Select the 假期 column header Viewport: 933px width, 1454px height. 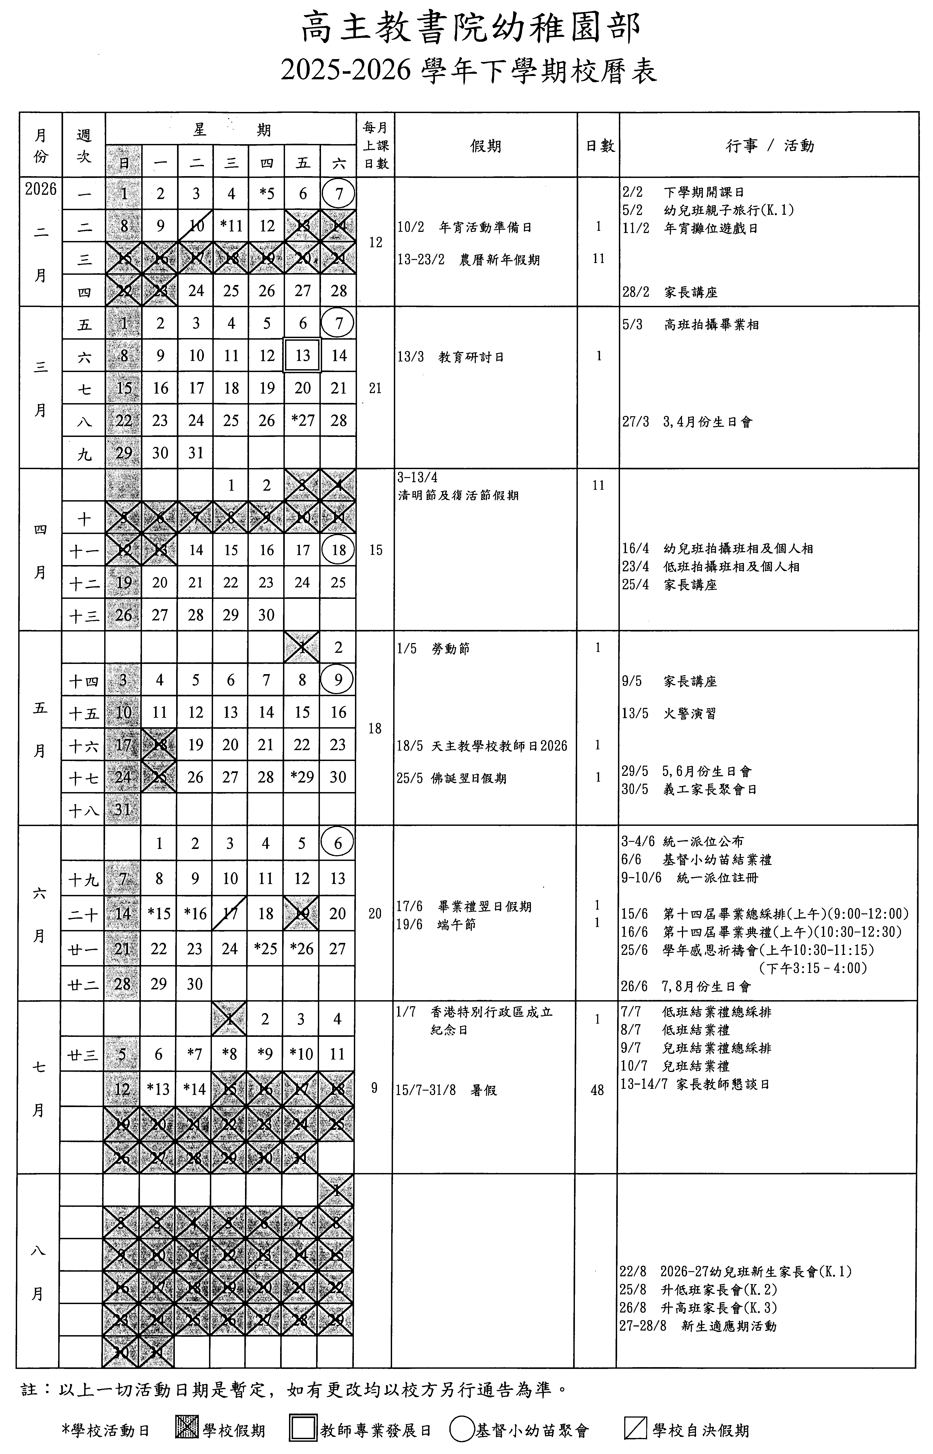coord(485,146)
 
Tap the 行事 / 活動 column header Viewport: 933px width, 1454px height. coord(770,146)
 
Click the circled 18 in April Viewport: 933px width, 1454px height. coord(338,550)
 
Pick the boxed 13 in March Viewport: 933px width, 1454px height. coord(302,356)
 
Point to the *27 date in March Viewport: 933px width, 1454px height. coord(302,420)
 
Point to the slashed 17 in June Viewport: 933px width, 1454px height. coord(230,914)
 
